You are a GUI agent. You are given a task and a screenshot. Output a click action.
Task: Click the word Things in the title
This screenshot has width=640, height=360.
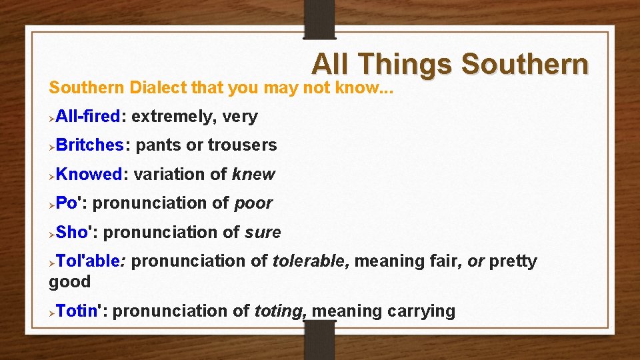[405, 65]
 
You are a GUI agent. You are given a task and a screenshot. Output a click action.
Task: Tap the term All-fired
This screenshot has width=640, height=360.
[88, 117]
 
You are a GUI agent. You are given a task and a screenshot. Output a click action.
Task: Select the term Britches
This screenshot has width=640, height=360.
[89, 145]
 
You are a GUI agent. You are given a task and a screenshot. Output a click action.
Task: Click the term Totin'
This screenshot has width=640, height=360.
[81, 311]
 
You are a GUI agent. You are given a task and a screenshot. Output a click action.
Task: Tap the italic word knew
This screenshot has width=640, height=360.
[253, 175]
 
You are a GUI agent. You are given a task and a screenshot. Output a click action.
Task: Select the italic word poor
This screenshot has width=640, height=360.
[253, 203]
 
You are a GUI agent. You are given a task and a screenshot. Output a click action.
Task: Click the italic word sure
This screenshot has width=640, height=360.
[263, 233]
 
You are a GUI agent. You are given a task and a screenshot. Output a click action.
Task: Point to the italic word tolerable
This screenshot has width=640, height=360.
[309, 261]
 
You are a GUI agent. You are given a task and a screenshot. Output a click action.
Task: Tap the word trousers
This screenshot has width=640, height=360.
[243, 145]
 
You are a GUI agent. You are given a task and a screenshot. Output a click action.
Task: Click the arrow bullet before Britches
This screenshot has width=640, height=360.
[52, 146]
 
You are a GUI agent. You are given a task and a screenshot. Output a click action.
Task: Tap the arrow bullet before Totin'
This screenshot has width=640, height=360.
[52, 312]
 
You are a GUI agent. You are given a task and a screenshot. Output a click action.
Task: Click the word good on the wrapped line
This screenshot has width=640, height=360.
[69, 281]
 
